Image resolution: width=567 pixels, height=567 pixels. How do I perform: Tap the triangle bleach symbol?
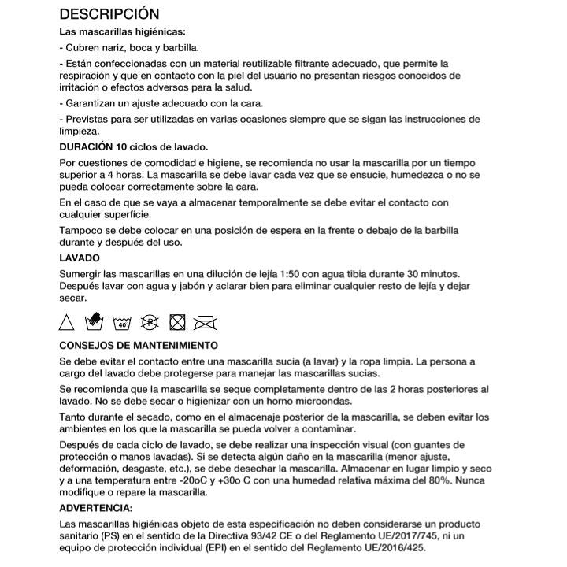(x=67, y=321)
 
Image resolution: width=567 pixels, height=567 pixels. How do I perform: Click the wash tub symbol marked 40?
(x=121, y=322)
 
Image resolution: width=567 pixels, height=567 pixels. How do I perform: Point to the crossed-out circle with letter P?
(x=150, y=321)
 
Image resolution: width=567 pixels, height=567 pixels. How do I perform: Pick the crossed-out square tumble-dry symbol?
(x=178, y=321)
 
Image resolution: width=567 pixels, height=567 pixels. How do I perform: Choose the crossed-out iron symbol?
(x=206, y=321)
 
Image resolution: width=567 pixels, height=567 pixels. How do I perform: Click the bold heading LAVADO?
(x=80, y=258)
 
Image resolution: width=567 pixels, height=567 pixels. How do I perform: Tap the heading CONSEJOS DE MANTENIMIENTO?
(x=139, y=345)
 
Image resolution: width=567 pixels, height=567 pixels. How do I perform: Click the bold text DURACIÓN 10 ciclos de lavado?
(x=133, y=147)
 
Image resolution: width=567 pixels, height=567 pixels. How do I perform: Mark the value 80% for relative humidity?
(x=421, y=480)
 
